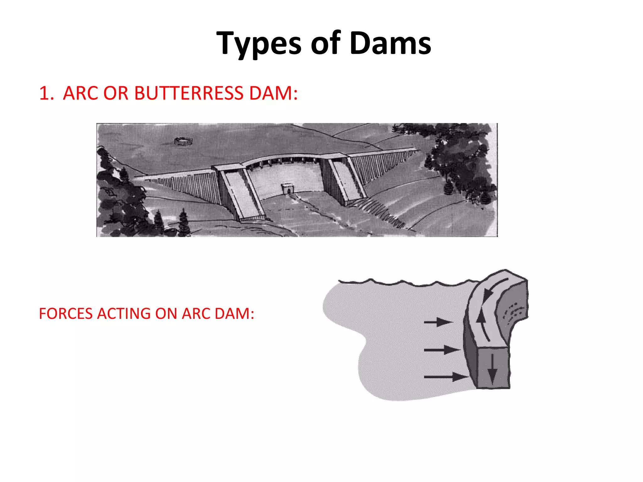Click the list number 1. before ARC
46,94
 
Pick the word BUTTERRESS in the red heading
188,94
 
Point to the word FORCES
66,313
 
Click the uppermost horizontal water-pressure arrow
438,322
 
